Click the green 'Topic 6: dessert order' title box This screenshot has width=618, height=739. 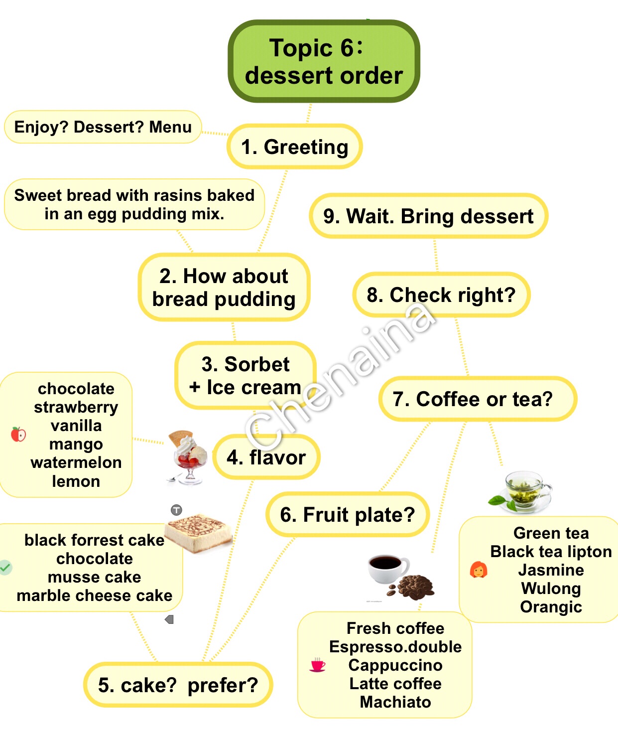pyautogui.click(x=324, y=61)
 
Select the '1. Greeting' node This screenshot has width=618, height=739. pyautogui.click(x=294, y=147)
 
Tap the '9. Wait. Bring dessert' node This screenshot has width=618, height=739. pyautogui.click(x=428, y=216)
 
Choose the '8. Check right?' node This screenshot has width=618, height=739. pyautogui.click(x=441, y=295)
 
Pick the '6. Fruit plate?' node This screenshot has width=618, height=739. pyautogui.click(x=348, y=515)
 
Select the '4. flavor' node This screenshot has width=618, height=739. pyautogui.click(x=266, y=457)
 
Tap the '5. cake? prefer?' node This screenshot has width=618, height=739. pyautogui.click(x=178, y=685)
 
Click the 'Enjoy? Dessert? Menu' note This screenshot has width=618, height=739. pyautogui.click(x=103, y=127)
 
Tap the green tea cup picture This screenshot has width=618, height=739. pyautogui.click(x=520, y=492)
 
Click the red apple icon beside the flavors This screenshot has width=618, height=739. pyautogui.click(x=18, y=435)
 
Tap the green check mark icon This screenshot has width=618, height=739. pyautogui.click(x=5, y=567)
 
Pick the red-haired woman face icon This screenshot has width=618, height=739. pyautogui.click(x=479, y=570)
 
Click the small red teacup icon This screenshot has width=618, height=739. pyautogui.click(x=317, y=665)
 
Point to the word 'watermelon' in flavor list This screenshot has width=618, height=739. pyautogui.click(x=76, y=462)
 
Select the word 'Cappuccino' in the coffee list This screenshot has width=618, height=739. pyautogui.click(x=395, y=665)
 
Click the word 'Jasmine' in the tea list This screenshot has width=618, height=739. pyautogui.click(x=551, y=570)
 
